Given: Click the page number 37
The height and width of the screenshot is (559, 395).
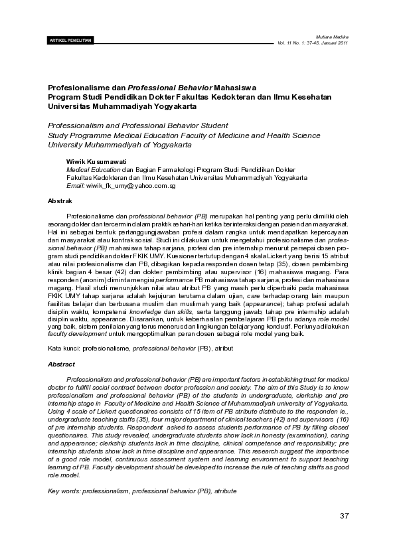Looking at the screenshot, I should [x=344, y=517].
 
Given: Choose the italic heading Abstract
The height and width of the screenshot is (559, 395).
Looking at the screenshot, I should [x=61, y=364].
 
